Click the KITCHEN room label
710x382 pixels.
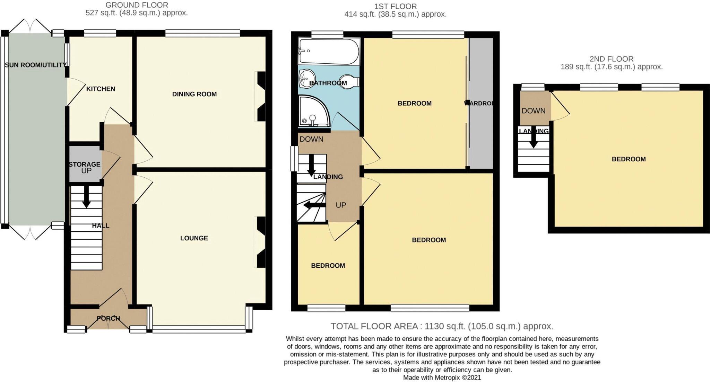101,89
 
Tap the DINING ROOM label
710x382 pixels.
194,94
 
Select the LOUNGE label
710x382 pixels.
194,238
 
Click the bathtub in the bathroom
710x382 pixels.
329,51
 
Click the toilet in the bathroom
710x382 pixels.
349,82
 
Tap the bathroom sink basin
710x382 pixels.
307,78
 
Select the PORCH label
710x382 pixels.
108,318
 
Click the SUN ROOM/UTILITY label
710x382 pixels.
35,65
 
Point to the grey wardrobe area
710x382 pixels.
481,104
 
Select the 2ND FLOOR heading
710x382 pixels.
611,59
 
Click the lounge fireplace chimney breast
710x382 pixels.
261,242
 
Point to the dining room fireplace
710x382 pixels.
261,96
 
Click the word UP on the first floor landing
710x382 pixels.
341,205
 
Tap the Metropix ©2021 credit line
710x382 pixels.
442,377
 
